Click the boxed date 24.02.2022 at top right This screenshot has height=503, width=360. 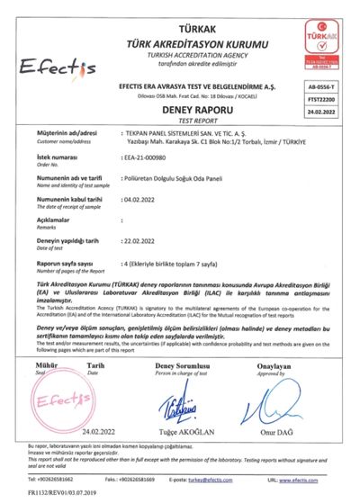[333, 112]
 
